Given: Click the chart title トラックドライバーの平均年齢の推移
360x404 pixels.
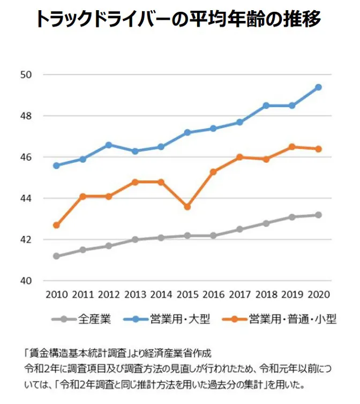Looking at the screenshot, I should coord(179,19).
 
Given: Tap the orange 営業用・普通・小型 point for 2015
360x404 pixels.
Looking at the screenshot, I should coord(187,207).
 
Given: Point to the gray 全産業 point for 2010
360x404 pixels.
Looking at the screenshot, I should coord(56,256).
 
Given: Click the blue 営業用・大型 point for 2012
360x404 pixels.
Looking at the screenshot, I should coord(109,145).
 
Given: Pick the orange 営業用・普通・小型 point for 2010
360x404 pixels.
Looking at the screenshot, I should coord(56,225).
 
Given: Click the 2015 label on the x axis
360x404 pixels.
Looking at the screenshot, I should coord(187,295).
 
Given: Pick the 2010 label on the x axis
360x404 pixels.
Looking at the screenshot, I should coord(56,295).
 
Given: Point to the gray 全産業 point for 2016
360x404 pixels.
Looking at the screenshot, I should coord(213,235).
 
